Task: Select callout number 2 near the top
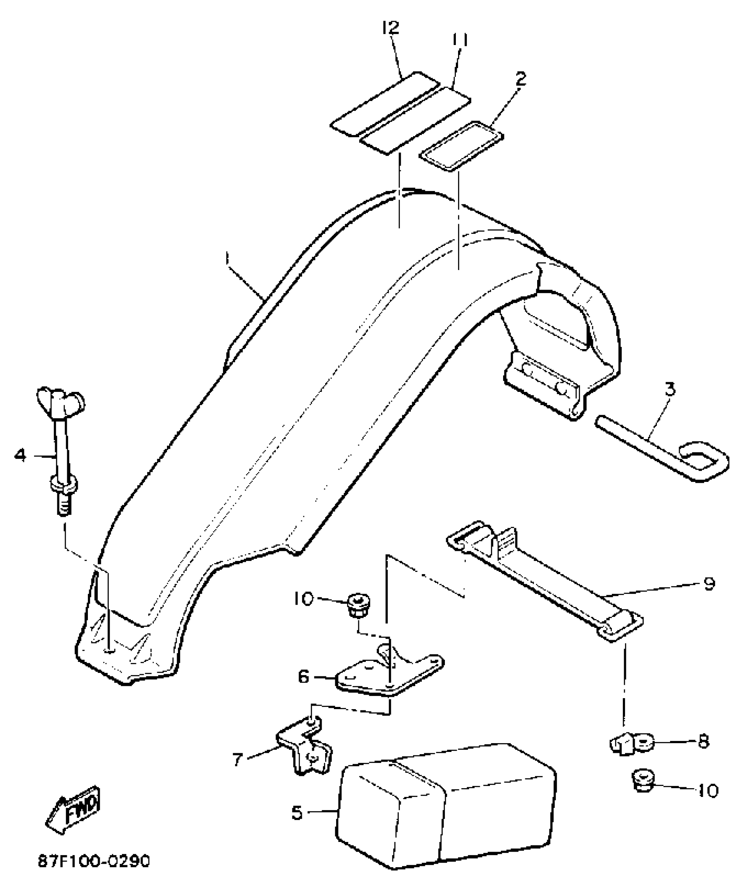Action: point(520,79)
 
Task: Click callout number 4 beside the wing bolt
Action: point(20,455)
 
